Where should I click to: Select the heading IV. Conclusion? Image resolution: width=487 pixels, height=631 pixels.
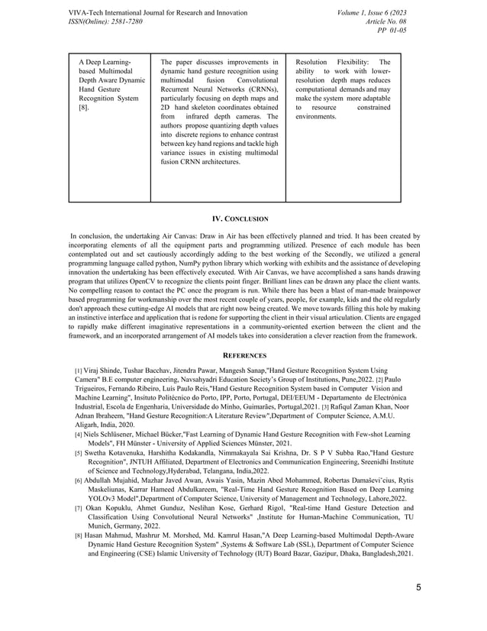click(x=243, y=219)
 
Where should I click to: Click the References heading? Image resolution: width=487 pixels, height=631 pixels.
click(x=243, y=355)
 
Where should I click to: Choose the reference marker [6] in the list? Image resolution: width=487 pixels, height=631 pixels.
click(x=79, y=458)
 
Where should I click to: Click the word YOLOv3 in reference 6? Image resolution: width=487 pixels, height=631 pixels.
click(x=106, y=476)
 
